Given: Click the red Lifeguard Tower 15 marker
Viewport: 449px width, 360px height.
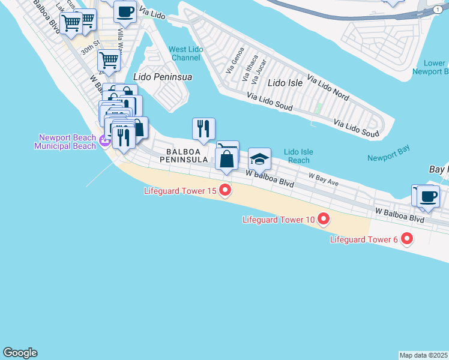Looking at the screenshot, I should coord(226,191).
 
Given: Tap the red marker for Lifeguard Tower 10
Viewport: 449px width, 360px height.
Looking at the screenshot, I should coord(324,219).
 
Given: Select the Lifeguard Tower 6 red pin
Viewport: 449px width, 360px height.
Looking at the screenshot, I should coord(407,239).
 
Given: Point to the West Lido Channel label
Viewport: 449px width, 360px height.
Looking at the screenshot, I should coord(185,53).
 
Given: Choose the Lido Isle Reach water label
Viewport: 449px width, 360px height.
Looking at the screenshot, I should coord(298,156).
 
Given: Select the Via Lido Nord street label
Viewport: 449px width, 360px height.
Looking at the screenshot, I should coord(328,87).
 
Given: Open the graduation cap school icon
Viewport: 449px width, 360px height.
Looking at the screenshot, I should coord(260,159).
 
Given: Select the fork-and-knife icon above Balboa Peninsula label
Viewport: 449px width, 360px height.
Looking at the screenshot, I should coord(203,128).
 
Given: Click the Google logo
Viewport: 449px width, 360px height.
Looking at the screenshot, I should coord(20,353).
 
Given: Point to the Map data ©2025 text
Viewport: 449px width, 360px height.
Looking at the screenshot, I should coord(424,355).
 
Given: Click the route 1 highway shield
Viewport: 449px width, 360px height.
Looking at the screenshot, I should coord(438,10).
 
